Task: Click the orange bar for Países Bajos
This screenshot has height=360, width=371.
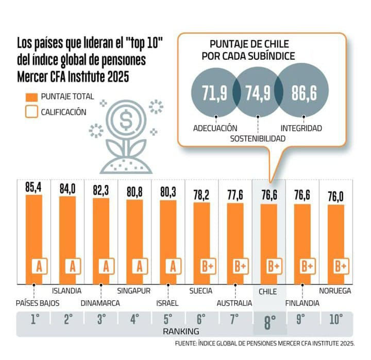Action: pyautogui.click(x=34, y=232)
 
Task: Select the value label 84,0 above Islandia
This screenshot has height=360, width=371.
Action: pyautogui.click(x=68, y=190)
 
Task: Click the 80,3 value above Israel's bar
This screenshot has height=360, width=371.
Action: pyautogui.click(x=168, y=194)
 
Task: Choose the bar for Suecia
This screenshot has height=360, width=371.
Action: pyautogui.click(x=201, y=237)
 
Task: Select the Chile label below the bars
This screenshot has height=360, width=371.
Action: pyautogui.click(x=268, y=292)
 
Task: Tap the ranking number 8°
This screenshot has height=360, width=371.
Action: pyautogui.click(x=269, y=323)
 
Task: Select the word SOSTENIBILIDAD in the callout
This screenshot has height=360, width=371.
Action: pyautogui.click(x=257, y=139)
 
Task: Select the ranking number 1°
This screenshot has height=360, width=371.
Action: pyautogui.click(x=35, y=320)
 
